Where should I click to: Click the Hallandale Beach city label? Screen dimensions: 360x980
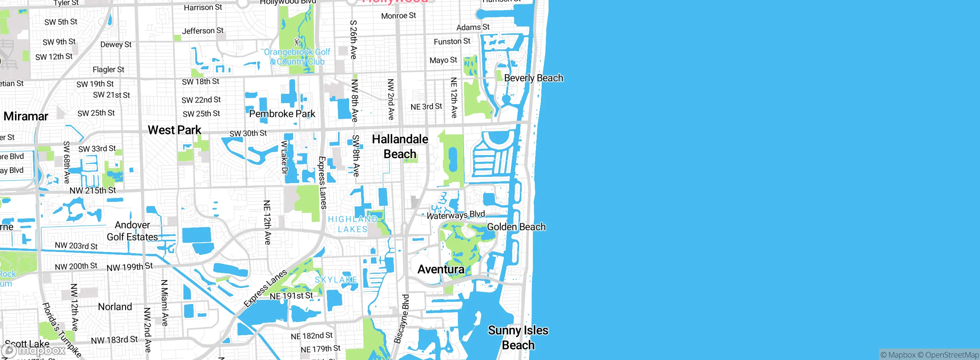400,146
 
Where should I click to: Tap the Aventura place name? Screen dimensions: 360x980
441,269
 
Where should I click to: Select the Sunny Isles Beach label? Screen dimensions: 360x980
518,337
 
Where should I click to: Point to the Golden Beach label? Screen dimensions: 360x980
516,227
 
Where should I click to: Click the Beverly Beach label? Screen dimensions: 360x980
533,78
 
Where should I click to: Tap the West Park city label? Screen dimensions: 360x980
175,130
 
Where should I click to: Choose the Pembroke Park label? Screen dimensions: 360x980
282,114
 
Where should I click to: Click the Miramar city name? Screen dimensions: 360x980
26,116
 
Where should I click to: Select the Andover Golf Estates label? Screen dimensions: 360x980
132,231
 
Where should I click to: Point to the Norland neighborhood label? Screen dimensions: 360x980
115,307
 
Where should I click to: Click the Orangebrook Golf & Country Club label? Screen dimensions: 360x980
297,57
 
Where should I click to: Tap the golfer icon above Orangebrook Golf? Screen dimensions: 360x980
297,41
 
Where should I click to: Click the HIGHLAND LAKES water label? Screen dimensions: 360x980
353,224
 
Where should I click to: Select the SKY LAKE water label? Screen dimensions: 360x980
336,280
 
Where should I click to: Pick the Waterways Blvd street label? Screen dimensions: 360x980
456,215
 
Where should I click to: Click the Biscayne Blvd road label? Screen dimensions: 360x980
402,319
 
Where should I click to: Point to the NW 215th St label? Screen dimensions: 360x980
93,190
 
